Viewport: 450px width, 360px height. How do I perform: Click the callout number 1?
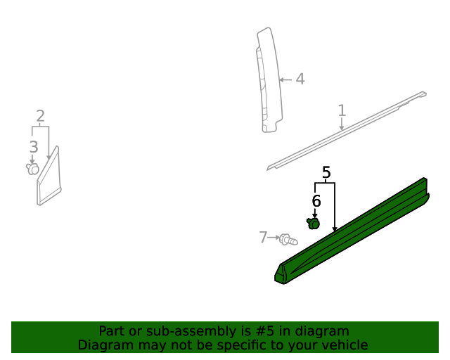click(342, 110)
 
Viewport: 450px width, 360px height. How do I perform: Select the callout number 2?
click(40, 116)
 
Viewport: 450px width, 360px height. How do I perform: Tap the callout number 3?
click(33, 147)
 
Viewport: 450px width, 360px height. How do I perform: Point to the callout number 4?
click(300, 79)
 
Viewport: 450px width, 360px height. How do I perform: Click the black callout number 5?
click(326, 172)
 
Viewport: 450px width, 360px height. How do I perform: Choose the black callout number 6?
click(316, 201)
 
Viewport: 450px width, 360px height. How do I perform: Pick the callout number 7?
click(263, 238)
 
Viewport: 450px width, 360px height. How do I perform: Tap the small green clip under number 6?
click(314, 224)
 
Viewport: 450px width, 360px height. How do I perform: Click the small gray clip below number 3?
click(32, 168)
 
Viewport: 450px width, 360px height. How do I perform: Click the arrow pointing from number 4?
click(285, 79)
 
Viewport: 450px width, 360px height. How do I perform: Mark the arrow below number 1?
click(342, 124)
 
